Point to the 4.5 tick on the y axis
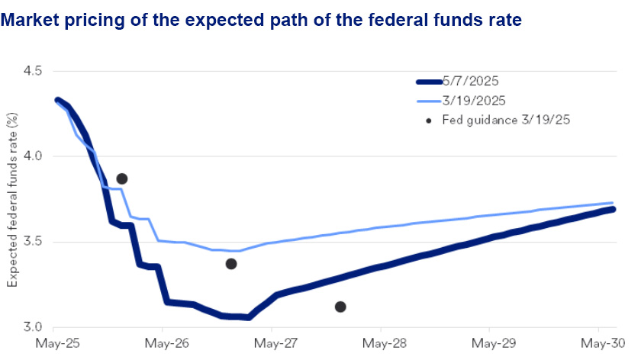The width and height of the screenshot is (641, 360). point(36,71)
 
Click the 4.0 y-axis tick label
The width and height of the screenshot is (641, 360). point(36,156)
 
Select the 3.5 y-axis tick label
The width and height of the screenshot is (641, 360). point(36,242)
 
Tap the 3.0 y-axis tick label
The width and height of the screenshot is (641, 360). point(36,327)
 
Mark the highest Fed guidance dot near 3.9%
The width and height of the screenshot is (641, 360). point(121,178)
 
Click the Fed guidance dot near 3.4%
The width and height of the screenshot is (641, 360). point(231,264)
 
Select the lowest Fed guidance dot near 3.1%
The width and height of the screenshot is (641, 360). point(340,307)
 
